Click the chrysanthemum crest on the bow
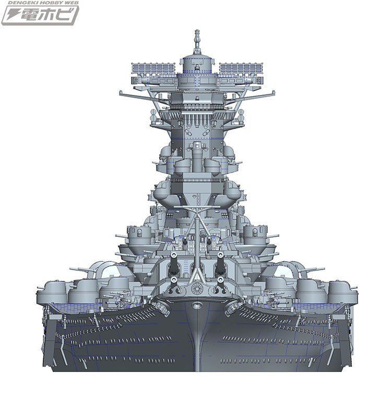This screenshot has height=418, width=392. pos(197,288)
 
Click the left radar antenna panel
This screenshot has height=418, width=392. pos(153,69)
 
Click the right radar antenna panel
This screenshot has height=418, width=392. pos(241,69)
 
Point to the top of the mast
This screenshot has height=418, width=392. pos(197,31)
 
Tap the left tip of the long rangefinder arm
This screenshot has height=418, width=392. pos(121,92)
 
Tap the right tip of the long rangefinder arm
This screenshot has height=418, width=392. pos(273,92)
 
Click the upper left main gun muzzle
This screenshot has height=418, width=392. pos(174,254)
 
